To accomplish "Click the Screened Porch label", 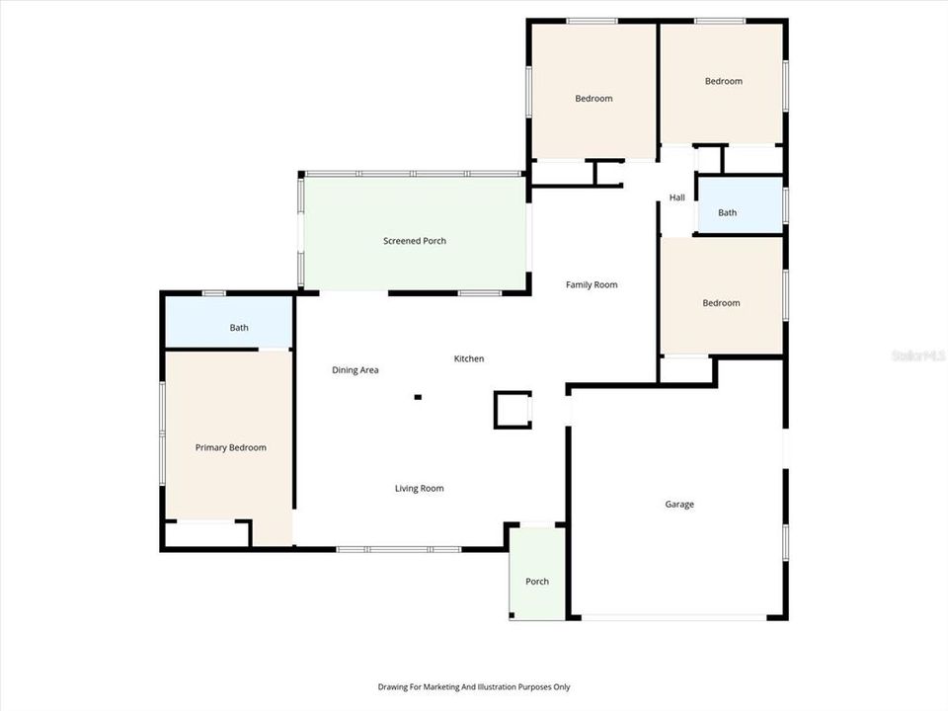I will click(415, 241).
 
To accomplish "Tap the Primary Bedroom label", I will click(230, 447).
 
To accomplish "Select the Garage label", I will click(678, 505).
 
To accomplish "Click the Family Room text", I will click(592, 285).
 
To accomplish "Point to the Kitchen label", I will click(469, 358).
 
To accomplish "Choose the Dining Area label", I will click(355, 370).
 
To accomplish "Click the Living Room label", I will click(419, 489).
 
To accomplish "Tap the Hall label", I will click(676, 198).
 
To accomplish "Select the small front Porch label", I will click(536, 582).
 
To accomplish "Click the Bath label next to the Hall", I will click(727, 213).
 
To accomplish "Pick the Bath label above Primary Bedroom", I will click(239, 328).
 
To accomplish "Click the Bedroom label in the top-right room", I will click(723, 82).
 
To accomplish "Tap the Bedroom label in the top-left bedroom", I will click(593, 99).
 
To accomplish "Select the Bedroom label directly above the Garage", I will click(721, 303).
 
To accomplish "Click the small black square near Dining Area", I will click(418, 398).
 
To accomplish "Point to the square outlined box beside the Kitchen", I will click(513, 410).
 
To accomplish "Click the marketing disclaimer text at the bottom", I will click(474, 687).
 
